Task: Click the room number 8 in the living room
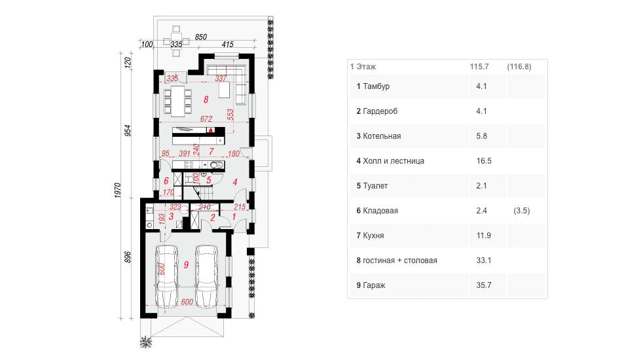206,99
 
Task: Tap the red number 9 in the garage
186,265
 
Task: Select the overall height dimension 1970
117,190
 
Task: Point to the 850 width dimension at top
201,37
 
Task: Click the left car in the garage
166,276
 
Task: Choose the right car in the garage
206,276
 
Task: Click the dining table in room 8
178,101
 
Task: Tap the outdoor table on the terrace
176,41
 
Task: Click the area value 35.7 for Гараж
484,285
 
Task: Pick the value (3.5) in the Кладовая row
522,211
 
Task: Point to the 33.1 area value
484,260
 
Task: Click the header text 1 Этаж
363,67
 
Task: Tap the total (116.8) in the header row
519,67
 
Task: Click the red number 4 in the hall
235,182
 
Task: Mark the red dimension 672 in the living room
206,118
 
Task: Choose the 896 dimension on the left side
128,257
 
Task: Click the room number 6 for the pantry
166,181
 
